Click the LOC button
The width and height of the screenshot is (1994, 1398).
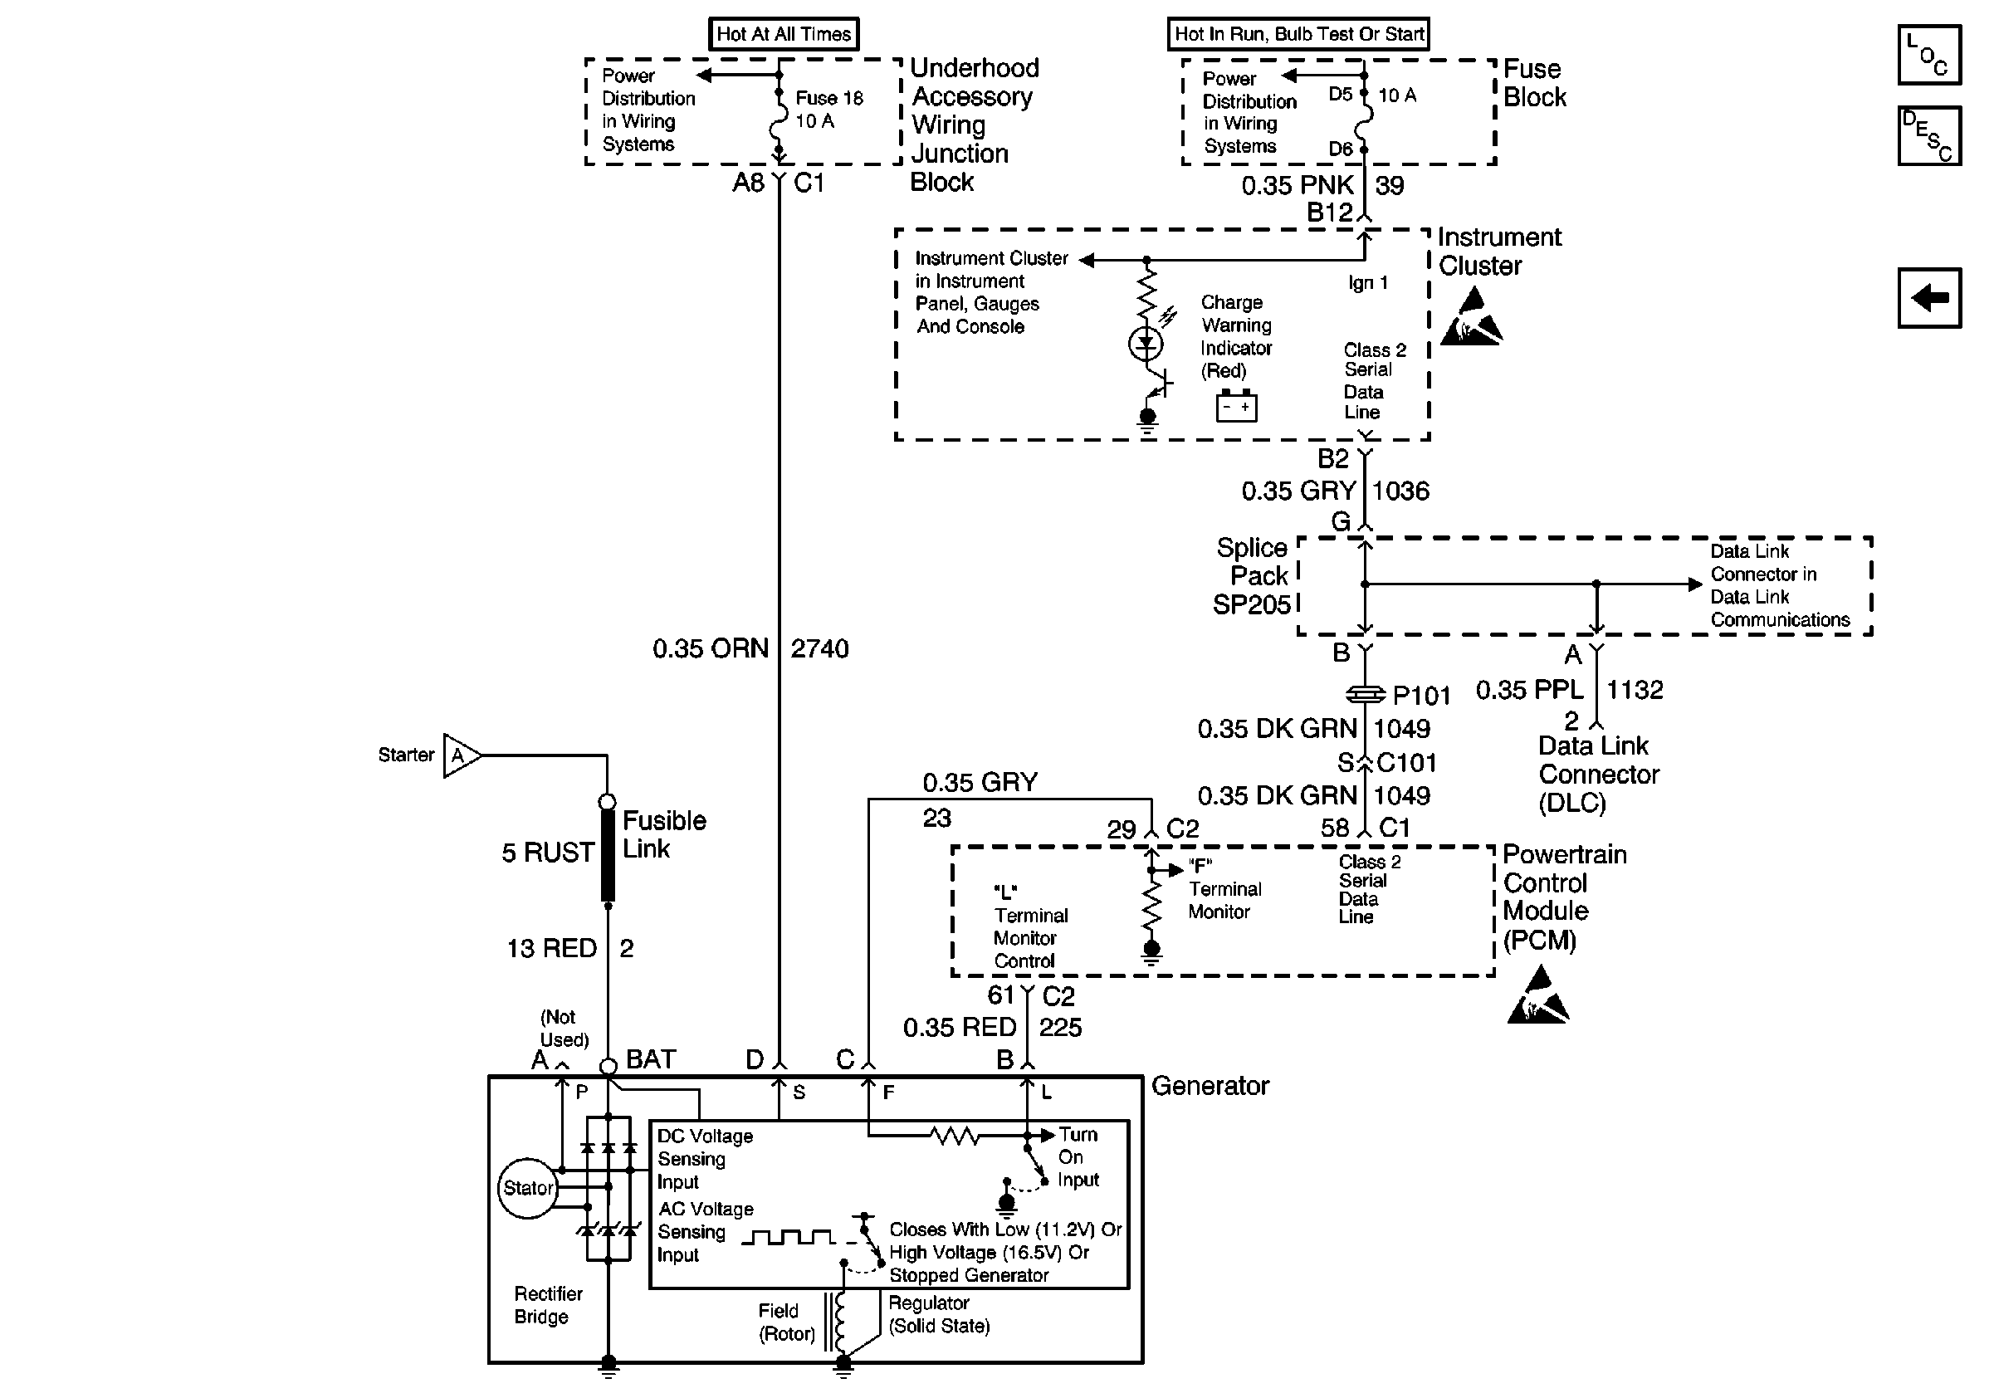1929,55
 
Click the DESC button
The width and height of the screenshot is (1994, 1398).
1929,135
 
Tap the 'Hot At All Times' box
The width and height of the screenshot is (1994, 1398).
784,34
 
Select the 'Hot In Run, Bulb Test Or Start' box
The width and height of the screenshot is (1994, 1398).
1298,34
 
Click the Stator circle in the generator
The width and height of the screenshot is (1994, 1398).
528,1188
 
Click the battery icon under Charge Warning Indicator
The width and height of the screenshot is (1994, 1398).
1236,405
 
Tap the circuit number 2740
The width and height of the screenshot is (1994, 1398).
819,648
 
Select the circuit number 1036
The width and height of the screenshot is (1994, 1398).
1400,491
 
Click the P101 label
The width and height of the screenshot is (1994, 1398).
1422,696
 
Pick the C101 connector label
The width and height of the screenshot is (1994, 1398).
1406,762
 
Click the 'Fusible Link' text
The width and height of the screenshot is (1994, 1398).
664,834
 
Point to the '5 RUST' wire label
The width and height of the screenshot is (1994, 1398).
548,853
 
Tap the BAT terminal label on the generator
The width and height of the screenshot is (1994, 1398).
651,1059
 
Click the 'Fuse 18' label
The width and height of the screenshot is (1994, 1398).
829,98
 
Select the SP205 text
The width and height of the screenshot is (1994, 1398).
1252,604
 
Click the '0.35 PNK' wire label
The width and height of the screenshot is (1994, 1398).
1298,185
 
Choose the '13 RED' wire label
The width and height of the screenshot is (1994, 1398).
551,948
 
